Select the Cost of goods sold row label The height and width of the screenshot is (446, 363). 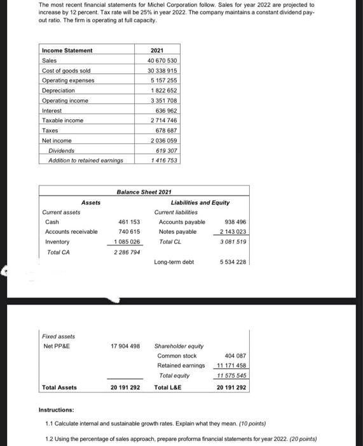tap(64, 70)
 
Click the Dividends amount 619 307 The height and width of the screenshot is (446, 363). tap(165, 150)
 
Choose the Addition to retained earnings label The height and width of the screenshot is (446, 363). tap(85, 161)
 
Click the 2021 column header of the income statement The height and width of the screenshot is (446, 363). tap(157, 50)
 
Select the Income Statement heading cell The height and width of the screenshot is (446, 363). tap(67, 50)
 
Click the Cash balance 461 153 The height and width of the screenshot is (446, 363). tap(129, 222)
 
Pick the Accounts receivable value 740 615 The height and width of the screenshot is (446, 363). tap(129, 232)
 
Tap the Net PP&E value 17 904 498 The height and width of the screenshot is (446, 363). tap(125, 346)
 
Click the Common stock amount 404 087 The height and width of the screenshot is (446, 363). tap(235, 356)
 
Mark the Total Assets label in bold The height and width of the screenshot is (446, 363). tap(59, 387)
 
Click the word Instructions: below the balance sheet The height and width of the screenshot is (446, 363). tap(57, 410)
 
